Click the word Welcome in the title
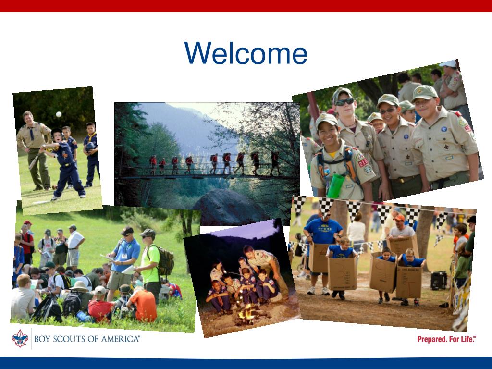pyautogui.click(x=246, y=53)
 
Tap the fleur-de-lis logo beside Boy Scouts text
pyautogui.click(x=20, y=338)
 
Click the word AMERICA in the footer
pyautogui.click(x=117, y=339)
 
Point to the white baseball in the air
pyautogui.click(x=59, y=114)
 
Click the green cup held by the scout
pyautogui.click(x=336, y=185)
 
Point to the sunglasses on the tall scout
pyautogui.click(x=344, y=102)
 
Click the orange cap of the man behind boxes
pyautogui.click(x=399, y=218)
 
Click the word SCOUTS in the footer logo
pyautogui.click(x=70, y=339)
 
